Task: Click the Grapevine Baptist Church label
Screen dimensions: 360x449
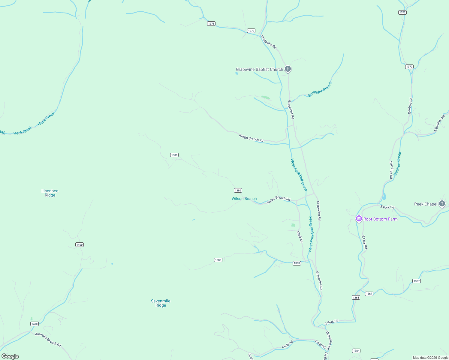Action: pos(259,70)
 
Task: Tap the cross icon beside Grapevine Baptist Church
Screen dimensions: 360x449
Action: pos(288,69)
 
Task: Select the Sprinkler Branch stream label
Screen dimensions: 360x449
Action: pos(320,89)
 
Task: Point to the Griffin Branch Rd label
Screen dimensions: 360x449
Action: pos(251,138)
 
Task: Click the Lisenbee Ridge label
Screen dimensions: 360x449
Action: pos(50,193)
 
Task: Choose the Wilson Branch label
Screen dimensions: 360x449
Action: pos(244,199)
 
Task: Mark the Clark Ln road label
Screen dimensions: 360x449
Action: pos(300,237)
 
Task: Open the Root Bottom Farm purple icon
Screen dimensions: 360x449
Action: pos(359,219)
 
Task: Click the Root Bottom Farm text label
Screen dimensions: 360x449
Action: pos(380,219)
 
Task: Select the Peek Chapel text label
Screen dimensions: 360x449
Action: pos(426,204)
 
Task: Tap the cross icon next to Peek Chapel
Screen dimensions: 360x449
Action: pos(442,204)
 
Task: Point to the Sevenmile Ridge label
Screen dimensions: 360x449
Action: pos(161,303)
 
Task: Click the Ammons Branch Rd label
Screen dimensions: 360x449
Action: pos(48,340)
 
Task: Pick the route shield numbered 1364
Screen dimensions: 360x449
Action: pos(356,298)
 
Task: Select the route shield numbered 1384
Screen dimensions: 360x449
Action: pos(356,351)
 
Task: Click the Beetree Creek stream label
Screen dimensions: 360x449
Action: pos(397,164)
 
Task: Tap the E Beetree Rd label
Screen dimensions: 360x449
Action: pos(440,123)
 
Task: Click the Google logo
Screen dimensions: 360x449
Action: pos(10,356)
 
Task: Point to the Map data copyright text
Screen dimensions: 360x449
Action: pos(430,358)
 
